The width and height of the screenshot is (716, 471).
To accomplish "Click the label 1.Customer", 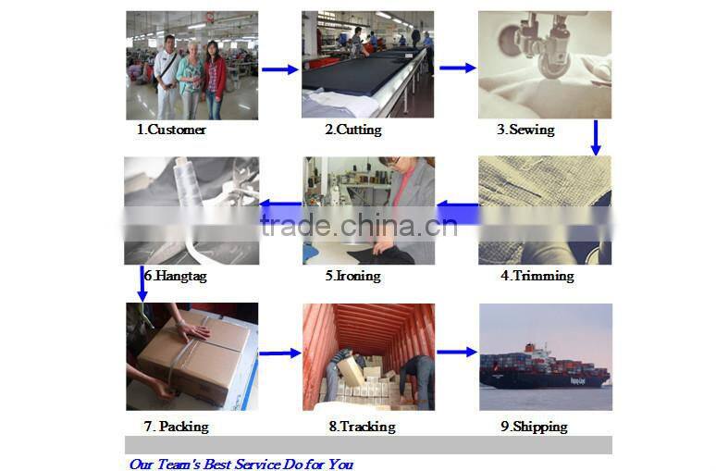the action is point(171,130).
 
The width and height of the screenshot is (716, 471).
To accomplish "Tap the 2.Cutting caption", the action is point(353,130).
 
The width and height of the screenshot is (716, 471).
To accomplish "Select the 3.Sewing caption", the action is point(525,130).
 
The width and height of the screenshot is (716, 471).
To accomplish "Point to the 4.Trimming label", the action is point(537,276).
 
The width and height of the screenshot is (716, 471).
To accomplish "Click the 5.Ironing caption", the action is point(353,276).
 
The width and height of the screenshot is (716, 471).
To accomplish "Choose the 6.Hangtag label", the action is point(176,276).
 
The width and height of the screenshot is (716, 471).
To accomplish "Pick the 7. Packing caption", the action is point(177,427).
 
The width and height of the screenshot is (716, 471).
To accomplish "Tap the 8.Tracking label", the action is point(362,427).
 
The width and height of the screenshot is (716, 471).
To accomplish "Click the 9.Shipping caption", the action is point(535,427).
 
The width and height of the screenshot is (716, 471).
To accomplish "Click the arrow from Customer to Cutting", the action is point(280,69).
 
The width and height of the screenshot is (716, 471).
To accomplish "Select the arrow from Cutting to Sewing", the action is point(458,68).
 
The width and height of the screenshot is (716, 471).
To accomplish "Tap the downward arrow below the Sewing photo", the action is point(596,138).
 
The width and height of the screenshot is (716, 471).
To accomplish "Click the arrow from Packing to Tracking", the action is point(280,353).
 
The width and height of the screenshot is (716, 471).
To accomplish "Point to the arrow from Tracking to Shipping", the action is point(457,352).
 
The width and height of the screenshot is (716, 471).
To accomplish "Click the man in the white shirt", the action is point(167,78).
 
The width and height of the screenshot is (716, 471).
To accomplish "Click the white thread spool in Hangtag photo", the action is point(187,182).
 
